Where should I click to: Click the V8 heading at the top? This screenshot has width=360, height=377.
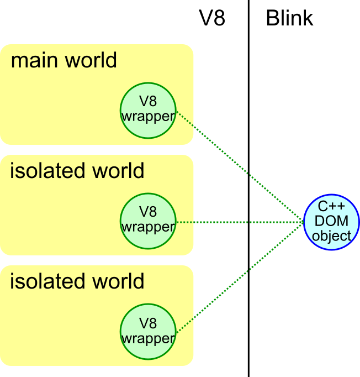[x=212, y=18]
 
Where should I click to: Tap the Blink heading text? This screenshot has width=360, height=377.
[x=289, y=18]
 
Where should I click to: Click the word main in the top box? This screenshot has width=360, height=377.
[x=35, y=60]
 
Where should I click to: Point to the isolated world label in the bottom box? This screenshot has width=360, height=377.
[x=77, y=281]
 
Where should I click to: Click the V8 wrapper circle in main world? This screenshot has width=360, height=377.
[x=148, y=111]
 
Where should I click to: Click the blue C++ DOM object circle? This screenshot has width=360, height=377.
[x=331, y=222]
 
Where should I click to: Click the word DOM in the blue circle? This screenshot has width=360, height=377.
[x=331, y=222]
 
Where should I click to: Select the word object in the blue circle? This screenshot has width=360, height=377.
[x=331, y=236]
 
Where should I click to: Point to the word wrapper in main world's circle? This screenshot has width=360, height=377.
[x=148, y=117]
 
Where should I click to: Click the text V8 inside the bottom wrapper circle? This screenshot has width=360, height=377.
[x=148, y=323]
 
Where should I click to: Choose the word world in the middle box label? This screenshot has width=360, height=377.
[x=117, y=171]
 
